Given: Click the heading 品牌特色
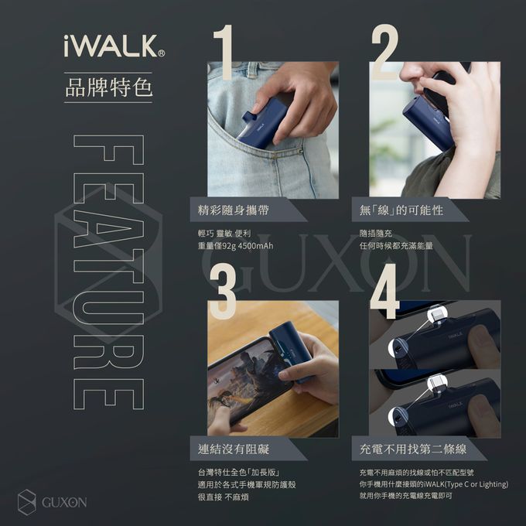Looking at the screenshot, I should coord(108,87).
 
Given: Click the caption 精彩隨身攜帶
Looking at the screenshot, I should coord(235,210).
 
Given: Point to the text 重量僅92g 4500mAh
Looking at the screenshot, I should coord(237,246).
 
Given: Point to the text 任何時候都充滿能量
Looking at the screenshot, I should coord(396,246).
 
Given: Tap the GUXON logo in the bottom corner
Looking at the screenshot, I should coord(52,502).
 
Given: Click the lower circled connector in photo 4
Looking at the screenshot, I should coord(435,383).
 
